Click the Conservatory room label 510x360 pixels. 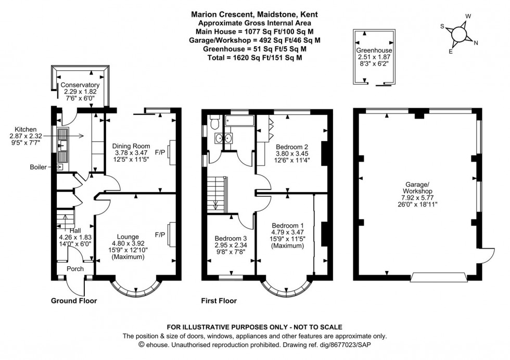pyautogui.click(x=80, y=85)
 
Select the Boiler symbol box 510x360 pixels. pyautogui.click(x=59, y=167)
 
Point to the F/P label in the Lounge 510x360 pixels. pyautogui.click(x=160, y=235)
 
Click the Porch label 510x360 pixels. pyautogui.click(x=74, y=268)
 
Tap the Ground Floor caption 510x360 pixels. pyautogui.click(x=73, y=301)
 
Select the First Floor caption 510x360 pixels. pyautogui.click(x=219, y=301)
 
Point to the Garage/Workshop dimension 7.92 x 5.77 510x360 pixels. pyautogui.click(x=418, y=198)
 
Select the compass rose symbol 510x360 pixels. pyautogui.click(x=459, y=33)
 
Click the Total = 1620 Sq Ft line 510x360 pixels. pyautogui.click(x=255, y=57)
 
